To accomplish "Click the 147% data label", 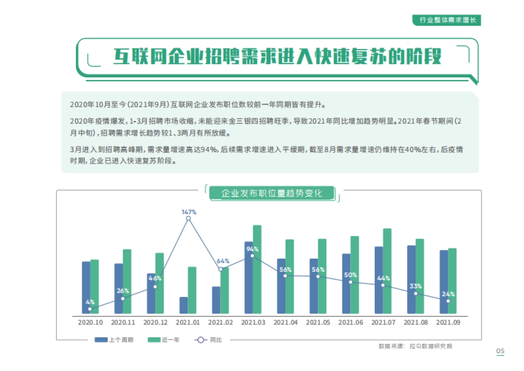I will tap(189, 212).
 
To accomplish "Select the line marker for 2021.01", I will tap(189, 218).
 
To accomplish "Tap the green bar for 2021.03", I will tap(257, 269).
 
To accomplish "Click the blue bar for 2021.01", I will tap(184, 305).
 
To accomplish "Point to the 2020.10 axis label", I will tap(90, 322).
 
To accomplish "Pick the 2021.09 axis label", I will tap(448, 322).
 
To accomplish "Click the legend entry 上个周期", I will tap(114, 340).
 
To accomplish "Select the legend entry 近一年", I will tap(164, 340).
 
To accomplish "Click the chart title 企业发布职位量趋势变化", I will tap(272, 193).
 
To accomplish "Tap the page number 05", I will tap(500, 351).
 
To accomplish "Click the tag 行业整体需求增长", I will tap(447, 20).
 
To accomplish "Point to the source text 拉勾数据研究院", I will tap(431, 347).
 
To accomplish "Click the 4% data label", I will tap(90, 302).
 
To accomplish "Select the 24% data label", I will tap(448, 294).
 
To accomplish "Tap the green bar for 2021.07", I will tap(387, 271).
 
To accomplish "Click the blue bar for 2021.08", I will tap(411, 280).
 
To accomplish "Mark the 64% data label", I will tap(223, 261).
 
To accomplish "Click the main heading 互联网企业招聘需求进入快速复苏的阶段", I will tap(277, 57).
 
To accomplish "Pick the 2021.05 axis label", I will tap(318, 322).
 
